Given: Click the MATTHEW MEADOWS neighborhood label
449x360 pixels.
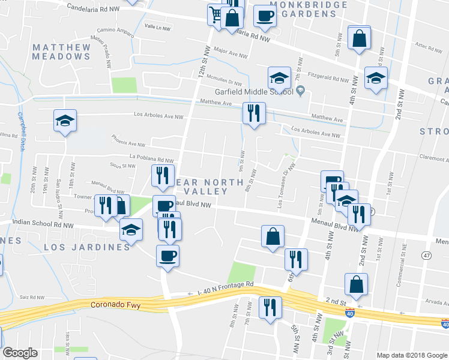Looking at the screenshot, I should (61, 52).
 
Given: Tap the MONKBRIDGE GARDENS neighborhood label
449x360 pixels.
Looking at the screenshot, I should (309, 9).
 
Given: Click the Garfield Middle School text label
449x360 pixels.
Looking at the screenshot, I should (254, 92).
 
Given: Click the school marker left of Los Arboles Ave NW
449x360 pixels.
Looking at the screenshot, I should (65, 121).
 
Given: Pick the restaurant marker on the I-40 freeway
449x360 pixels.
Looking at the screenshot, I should (270, 307).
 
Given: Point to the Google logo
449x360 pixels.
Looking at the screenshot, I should (20, 353).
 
